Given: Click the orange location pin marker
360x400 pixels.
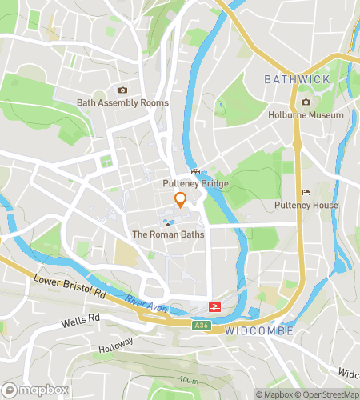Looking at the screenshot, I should (x=181, y=200).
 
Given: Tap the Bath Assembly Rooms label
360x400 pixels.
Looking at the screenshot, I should (x=122, y=103).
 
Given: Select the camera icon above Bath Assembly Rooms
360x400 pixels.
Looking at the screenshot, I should (x=122, y=90).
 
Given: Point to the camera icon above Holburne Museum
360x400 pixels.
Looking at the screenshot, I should (x=306, y=102).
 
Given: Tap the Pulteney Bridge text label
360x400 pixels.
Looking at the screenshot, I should (x=195, y=184).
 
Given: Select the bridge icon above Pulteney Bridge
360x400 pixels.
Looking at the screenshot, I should (x=195, y=172).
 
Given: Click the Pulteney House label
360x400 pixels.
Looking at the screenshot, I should (x=306, y=206).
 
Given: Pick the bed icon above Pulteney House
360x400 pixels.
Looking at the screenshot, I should (x=306, y=193).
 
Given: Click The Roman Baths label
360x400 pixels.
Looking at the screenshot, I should (x=168, y=235).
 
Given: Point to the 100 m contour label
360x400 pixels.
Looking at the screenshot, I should (x=190, y=378).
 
